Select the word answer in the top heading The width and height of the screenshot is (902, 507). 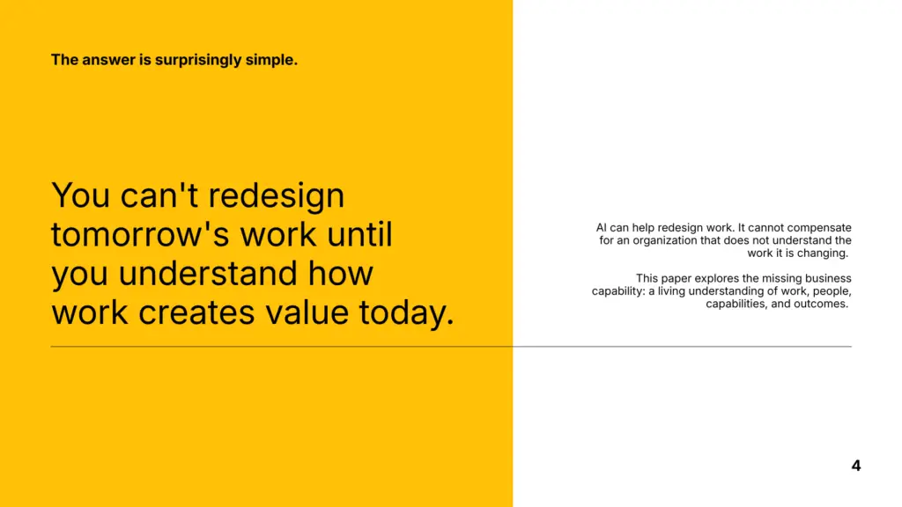click(107, 60)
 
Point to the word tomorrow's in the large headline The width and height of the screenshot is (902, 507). click(142, 234)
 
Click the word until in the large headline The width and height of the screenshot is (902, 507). click(359, 234)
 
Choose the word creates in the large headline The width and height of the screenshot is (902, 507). click(196, 312)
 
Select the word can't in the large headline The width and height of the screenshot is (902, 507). click(159, 195)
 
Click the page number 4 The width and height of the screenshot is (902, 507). click(856, 466)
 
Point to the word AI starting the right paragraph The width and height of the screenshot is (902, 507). click(601, 228)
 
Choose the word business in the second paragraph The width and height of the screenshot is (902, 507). click(828, 278)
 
